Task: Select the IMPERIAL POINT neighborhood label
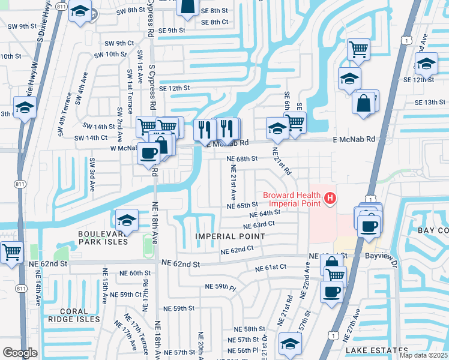coord(230,236)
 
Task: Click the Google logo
coord(20,353)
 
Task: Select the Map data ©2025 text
coord(423,355)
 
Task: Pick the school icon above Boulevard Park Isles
coord(127,220)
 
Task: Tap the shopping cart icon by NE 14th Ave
coord(11,252)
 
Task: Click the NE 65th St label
coord(242,205)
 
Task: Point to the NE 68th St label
coord(242,158)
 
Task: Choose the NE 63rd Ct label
coord(259,225)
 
